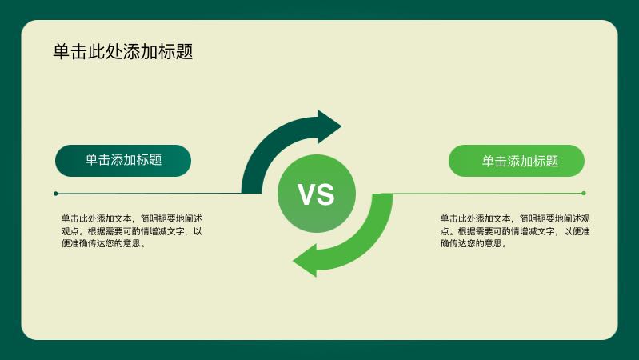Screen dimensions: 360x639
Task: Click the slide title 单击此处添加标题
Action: click(x=123, y=52)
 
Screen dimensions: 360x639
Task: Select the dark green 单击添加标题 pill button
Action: click(x=123, y=160)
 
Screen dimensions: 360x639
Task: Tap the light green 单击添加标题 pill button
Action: click(x=517, y=161)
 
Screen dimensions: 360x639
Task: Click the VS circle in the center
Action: click(x=317, y=194)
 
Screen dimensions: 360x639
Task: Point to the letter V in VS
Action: click(x=306, y=194)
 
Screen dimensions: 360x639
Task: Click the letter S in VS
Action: click(x=325, y=194)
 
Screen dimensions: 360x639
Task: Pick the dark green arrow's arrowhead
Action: click(x=328, y=126)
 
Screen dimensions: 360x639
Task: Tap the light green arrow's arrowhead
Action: click(x=306, y=261)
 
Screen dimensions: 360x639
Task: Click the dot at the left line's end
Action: click(x=55, y=194)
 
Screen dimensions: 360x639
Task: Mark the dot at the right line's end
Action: click(x=584, y=193)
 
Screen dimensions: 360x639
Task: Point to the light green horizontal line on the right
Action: click(x=488, y=193)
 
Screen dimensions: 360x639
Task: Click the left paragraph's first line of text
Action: click(x=131, y=218)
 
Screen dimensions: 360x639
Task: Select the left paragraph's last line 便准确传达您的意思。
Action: click(x=103, y=244)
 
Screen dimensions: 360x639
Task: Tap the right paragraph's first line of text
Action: click(x=515, y=218)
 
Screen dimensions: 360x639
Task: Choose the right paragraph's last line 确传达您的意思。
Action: click(x=474, y=244)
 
